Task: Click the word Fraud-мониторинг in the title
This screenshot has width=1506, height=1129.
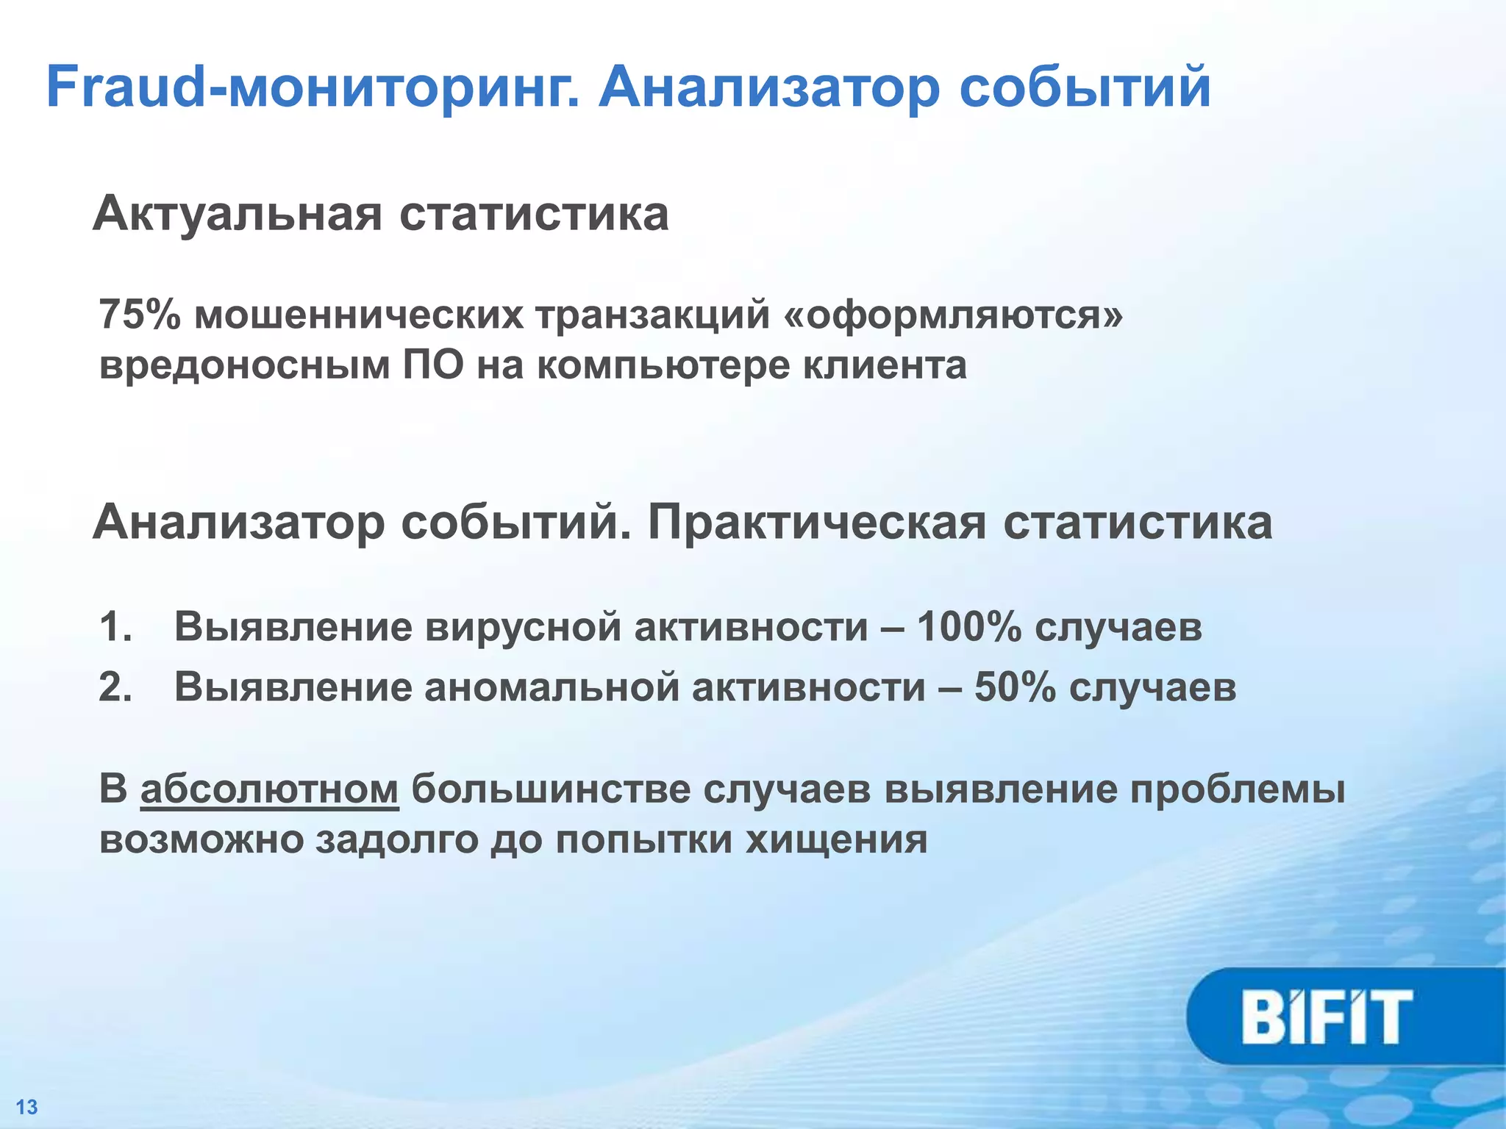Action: point(313,88)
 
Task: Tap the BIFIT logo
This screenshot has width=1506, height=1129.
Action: point(1327,1017)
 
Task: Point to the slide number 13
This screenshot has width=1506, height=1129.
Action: point(26,1107)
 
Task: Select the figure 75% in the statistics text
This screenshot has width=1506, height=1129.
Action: point(140,315)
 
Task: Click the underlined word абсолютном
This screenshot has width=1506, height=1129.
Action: point(269,789)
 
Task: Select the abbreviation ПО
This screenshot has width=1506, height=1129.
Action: point(433,365)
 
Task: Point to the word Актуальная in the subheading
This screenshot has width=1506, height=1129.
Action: point(238,215)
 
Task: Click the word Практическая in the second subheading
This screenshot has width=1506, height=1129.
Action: point(816,523)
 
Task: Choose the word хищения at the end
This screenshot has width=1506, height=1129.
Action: point(836,840)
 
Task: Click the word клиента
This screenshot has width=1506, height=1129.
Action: point(884,365)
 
